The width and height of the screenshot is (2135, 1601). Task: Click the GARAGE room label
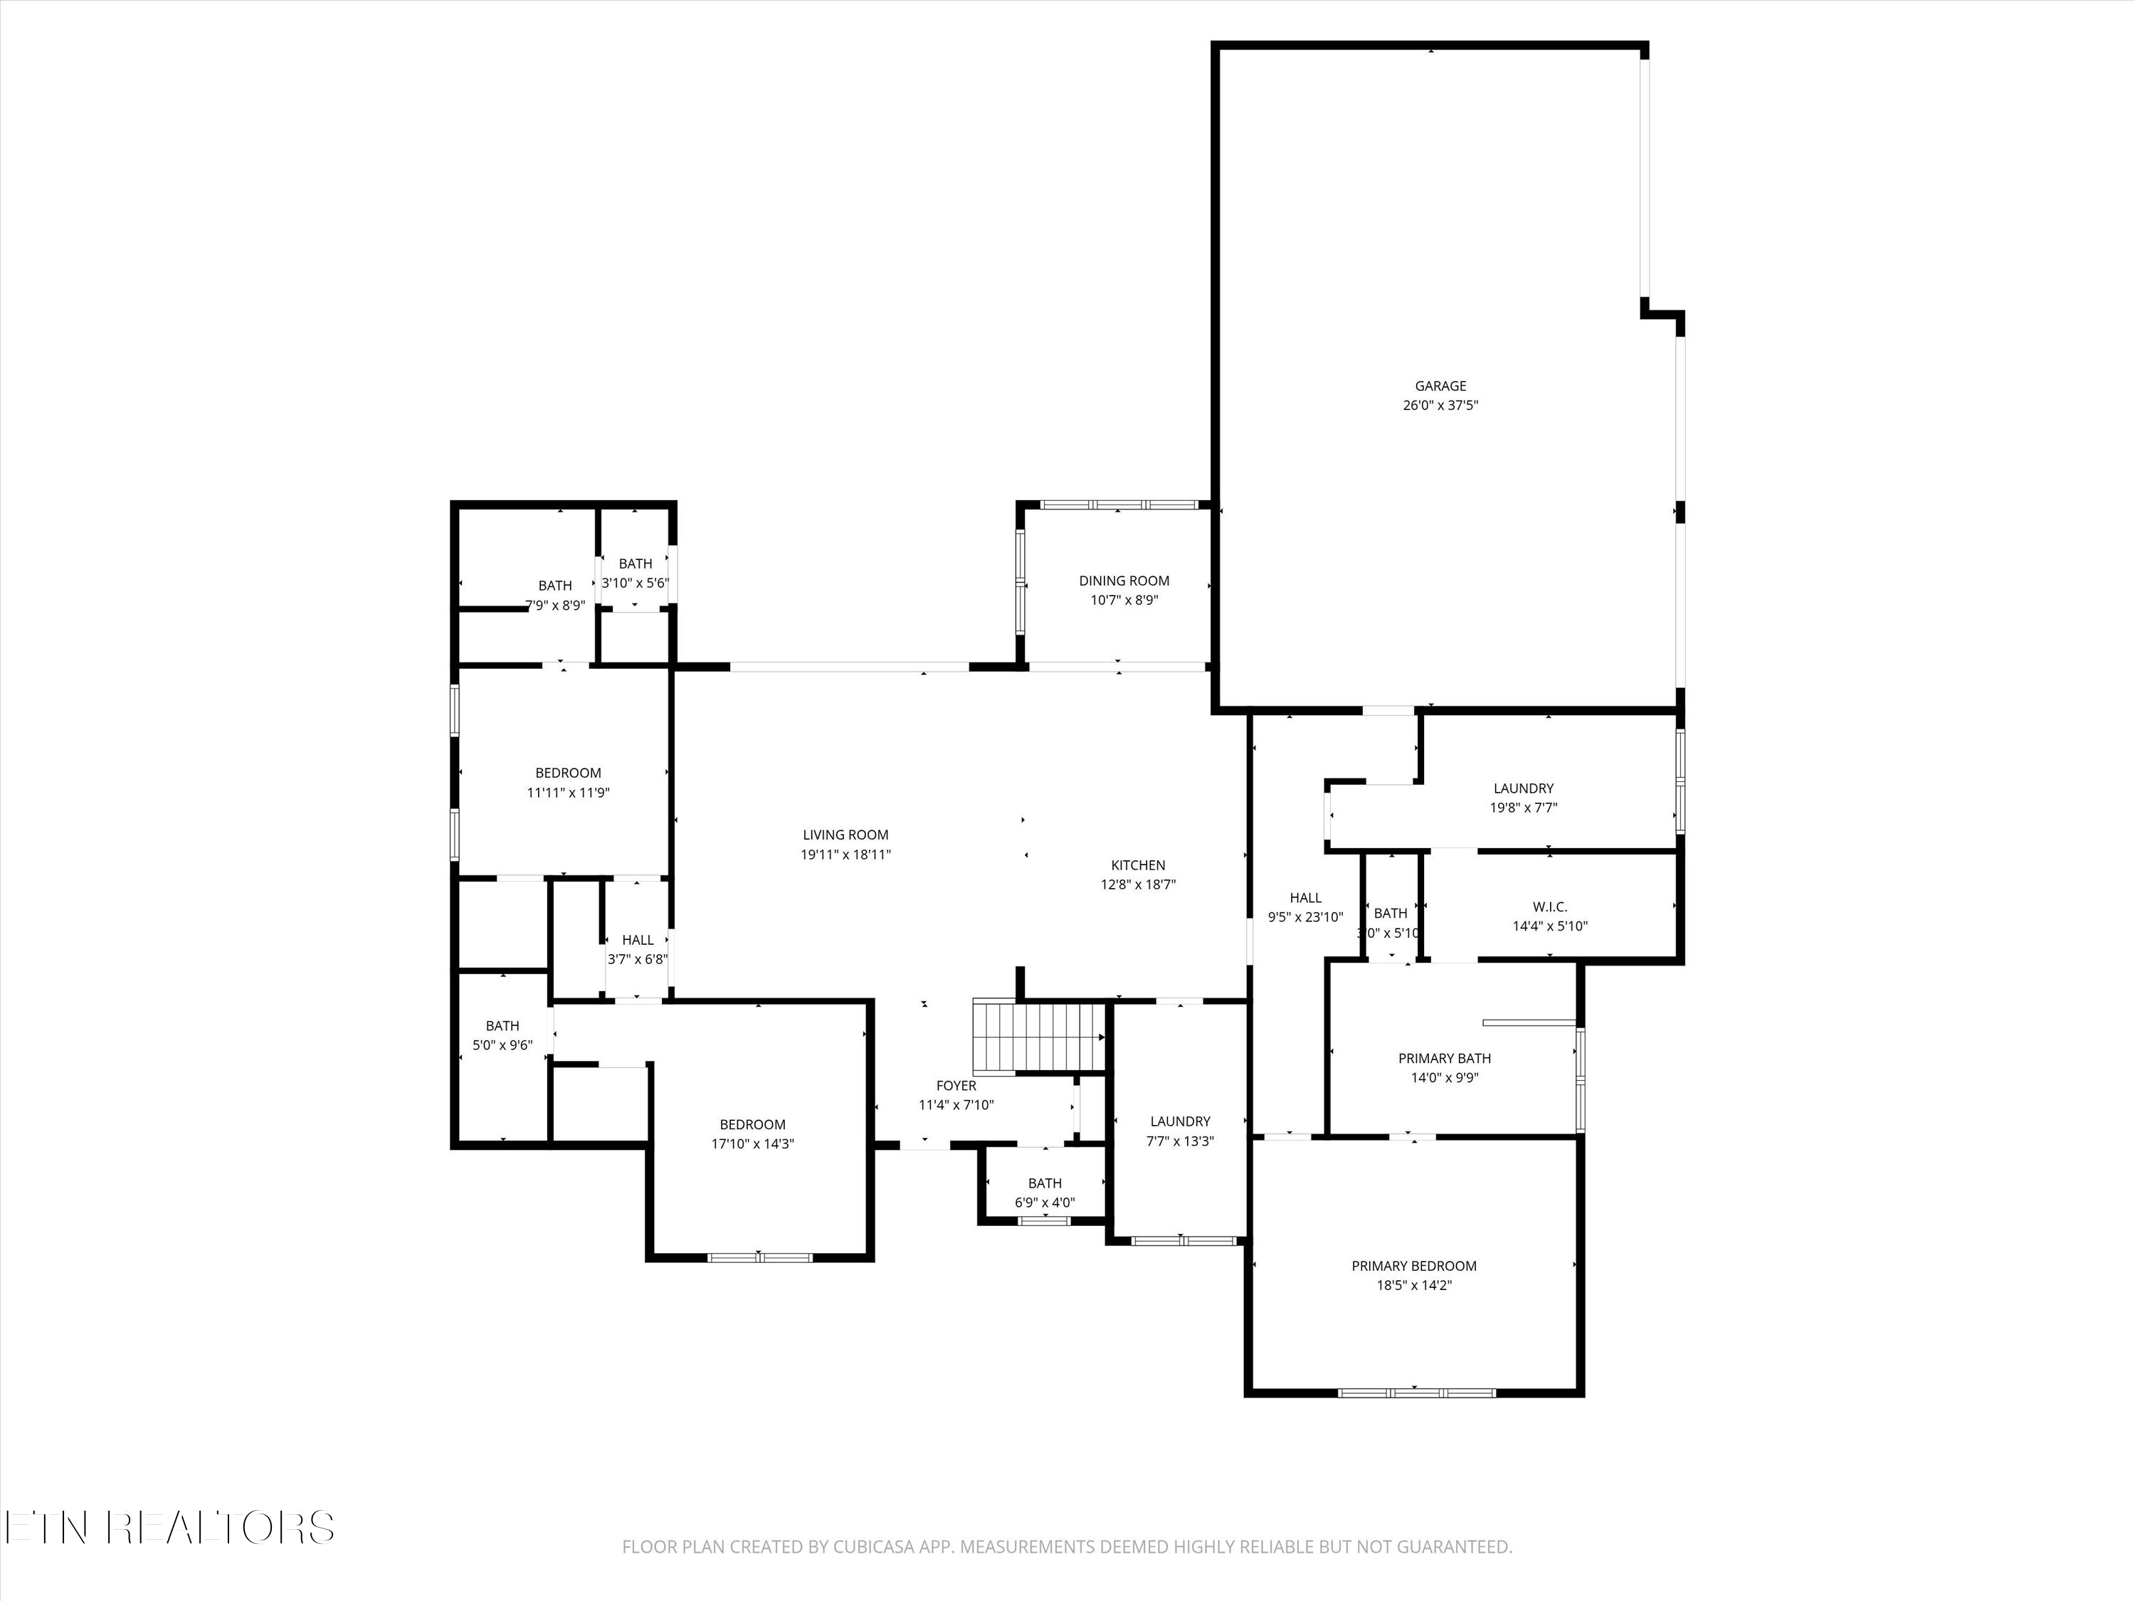pyautogui.click(x=1440, y=386)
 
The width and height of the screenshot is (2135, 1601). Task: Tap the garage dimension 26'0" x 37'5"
pyautogui.click(x=1440, y=406)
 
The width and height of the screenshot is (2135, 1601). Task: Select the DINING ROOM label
pyautogui.click(x=1124, y=581)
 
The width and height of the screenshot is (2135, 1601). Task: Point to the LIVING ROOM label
pyautogui.click(x=845, y=835)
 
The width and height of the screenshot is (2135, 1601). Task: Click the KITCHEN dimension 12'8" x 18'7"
pyautogui.click(x=1138, y=885)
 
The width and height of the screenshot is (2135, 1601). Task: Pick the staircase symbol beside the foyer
pyautogui.click(x=1038, y=1037)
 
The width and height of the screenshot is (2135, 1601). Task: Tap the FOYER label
pyautogui.click(x=956, y=1086)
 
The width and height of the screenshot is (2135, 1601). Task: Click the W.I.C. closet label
pyautogui.click(x=1549, y=907)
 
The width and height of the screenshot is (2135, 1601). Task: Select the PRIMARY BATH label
pyautogui.click(x=1444, y=1059)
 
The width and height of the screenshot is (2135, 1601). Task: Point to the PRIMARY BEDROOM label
pyautogui.click(x=1414, y=1266)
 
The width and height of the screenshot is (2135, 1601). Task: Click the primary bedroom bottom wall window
pyautogui.click(x=1416, y=1393)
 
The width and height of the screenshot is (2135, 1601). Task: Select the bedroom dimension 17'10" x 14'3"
pyautogui.click(x=752, y=1143)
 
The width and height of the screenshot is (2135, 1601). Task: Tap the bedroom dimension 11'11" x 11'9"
pyautogui.click(x=567, y=792)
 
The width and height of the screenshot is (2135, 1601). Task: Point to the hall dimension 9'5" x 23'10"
pyautogui.click(x=1305, y=916)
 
